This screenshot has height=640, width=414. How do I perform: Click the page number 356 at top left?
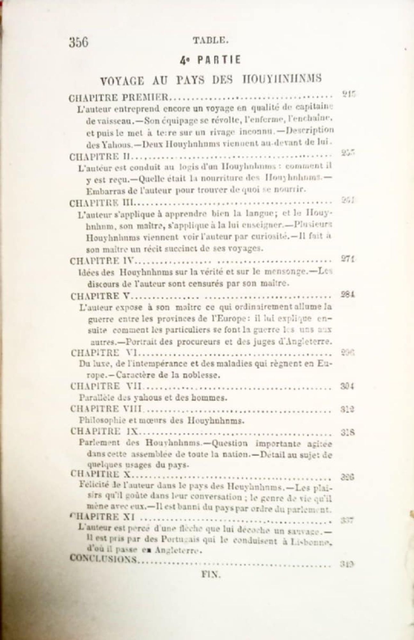tap(79, 42)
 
